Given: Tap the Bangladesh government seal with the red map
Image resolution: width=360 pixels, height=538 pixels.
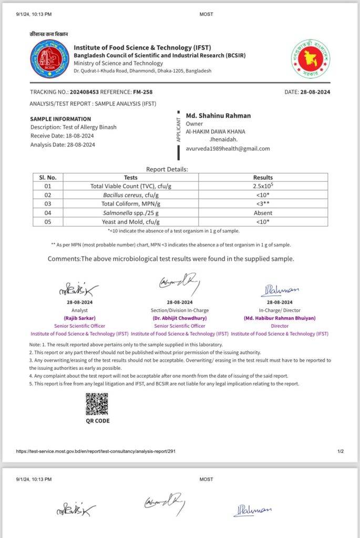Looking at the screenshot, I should [311, 58].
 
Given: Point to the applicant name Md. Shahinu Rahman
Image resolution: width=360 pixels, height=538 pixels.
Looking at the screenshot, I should [218, 116].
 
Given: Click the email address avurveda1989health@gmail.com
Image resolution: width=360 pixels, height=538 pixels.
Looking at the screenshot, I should [228, 148].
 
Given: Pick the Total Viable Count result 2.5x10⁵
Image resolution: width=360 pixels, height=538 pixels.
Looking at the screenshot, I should [263, 186].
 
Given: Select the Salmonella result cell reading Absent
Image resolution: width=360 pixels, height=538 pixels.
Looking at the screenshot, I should [263, 213].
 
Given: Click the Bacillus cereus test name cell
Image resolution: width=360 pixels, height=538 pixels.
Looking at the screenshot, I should [124, 195].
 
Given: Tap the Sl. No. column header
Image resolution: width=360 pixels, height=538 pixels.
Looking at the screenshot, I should [48, 178].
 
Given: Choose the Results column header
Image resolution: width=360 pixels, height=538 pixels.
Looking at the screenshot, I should [263, 178].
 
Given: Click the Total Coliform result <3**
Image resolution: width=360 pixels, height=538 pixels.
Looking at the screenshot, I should [263, 204].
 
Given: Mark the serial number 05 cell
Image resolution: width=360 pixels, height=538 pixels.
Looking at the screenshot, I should [48, 222].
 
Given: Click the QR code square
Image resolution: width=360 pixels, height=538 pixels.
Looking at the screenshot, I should [97, 403].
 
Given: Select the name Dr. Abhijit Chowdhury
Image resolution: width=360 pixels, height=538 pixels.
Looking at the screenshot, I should [180, 318].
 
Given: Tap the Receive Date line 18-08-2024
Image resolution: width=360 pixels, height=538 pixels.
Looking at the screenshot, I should [62, 136].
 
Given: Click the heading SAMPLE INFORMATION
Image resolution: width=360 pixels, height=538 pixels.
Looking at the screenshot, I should [60, 119].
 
